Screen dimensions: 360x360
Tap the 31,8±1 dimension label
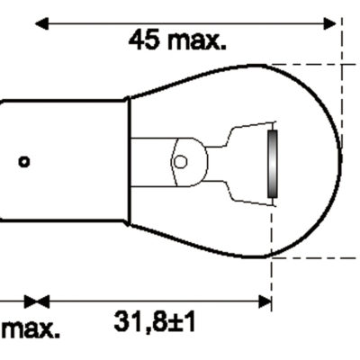coord(155,322)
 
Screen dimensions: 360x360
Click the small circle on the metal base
coord(24,161)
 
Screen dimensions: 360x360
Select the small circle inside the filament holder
coord(180,162)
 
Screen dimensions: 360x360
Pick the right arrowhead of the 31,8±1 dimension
coord(264,301)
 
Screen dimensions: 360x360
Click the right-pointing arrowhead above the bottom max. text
coord(31,301)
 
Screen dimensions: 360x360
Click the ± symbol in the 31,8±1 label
coord(174,322)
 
